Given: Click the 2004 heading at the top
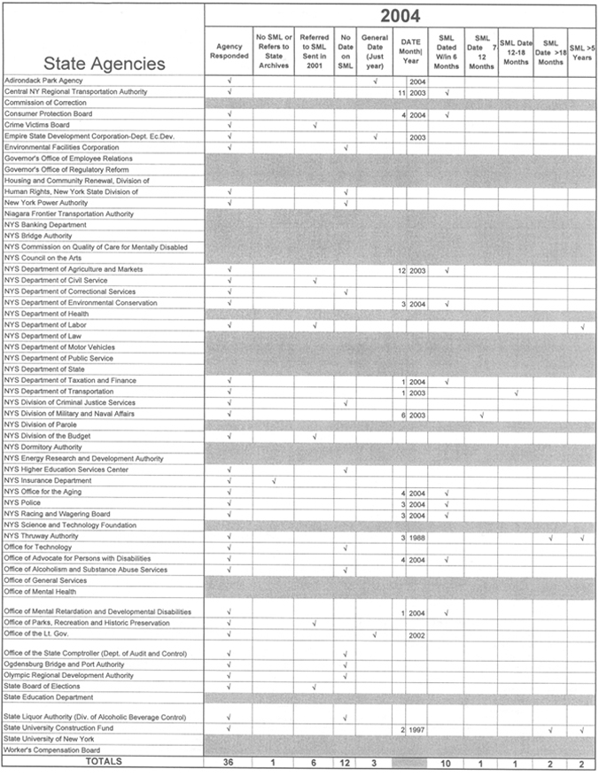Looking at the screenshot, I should [x=401, y=15].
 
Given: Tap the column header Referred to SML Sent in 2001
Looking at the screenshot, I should [x=315, y=52].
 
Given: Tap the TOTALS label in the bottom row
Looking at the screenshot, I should [x=105, y=761].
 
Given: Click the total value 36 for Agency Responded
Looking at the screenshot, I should [x=229, y=762].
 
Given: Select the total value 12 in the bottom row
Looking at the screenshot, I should [x=346, y=762].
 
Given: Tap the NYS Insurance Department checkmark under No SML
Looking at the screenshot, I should [x=274, y=481].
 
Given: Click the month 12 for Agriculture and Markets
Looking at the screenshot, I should [x=401, y=269].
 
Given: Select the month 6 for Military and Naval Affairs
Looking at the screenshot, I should [x=402, y=415].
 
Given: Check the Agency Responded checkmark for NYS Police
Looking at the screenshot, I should [x=229, y=503].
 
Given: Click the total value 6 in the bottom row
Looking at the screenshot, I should [x=315, y=762].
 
